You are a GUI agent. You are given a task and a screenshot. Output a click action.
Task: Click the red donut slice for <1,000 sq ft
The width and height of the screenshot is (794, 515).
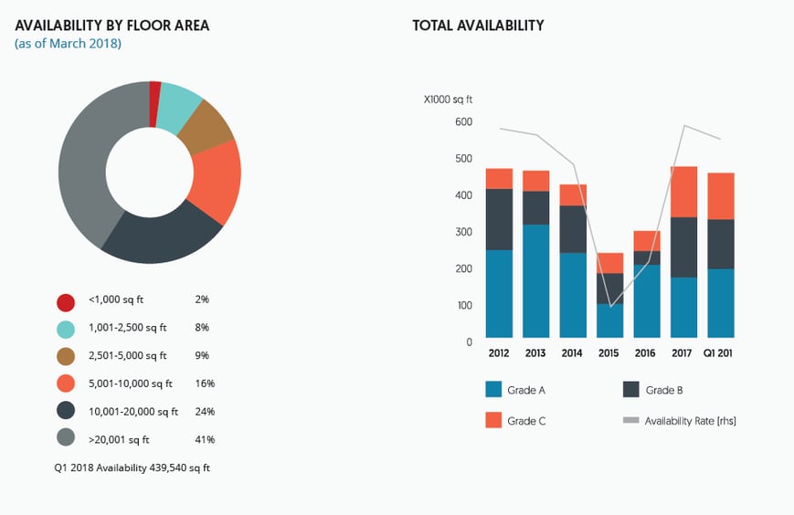155,91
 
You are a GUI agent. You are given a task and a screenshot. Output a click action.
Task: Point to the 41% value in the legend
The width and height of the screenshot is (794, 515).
206,439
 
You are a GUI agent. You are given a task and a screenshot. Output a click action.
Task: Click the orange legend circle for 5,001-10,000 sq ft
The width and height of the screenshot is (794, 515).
66,384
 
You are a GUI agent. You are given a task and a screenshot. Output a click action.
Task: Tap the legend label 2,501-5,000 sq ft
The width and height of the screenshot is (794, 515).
128,355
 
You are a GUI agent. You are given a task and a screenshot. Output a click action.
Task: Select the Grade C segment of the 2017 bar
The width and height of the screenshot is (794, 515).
683,192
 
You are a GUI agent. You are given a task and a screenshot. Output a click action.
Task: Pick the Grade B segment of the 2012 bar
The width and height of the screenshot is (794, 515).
499,219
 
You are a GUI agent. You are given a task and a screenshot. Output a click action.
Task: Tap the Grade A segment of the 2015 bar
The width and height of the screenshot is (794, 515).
609,321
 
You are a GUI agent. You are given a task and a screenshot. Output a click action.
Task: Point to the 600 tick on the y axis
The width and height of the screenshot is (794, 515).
462,121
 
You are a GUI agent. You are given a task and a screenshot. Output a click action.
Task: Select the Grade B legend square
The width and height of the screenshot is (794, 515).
631,390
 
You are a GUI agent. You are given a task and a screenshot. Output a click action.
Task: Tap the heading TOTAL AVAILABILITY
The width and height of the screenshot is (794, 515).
478,26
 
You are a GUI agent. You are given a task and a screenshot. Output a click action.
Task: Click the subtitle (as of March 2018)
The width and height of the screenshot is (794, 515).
68,44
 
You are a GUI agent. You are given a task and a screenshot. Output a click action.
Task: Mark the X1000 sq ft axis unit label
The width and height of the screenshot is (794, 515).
448,100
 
